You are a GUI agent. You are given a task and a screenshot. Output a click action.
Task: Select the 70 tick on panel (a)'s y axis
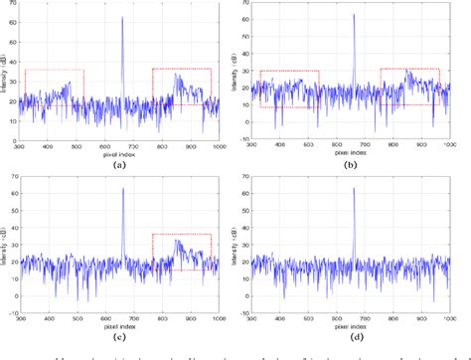[17, 8]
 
